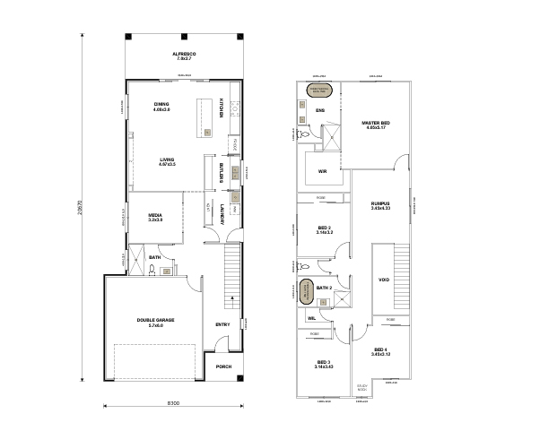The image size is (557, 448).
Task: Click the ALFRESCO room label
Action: tap(184, 56)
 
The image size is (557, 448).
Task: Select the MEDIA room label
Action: tap(154, 216)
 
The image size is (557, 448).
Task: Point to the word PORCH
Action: tap(223, 366)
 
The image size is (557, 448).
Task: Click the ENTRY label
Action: tap(222, 324)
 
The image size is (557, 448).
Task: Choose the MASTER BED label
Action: tap(375, 123)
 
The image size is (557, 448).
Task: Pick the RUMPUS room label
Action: tap(380, 204)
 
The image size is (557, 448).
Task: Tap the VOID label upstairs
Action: tap(384, 280)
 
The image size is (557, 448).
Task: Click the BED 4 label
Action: tap(380, 350)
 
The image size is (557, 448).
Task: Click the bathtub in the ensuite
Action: tap(320, 90)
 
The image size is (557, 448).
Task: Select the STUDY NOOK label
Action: tap(362, 389)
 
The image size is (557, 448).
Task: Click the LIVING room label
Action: tap(167, 161)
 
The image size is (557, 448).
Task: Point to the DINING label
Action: tap(161, 105)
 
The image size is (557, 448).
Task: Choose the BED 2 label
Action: tap(324, 230)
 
